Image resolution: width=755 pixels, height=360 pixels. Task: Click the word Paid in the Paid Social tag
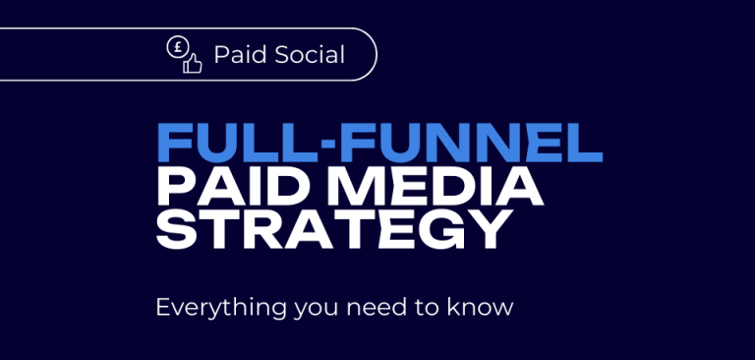pyautogui.click(x=236, y=55)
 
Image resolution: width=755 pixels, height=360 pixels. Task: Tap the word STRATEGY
pyautogui.click(x=335, y=229)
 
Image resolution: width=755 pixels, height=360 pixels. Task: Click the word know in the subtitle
pyautogui.click(x=486, y=307)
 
